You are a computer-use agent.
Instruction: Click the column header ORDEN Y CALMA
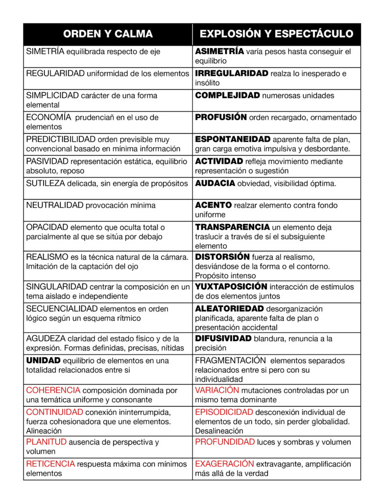pyautogui.click(x=108, y=34)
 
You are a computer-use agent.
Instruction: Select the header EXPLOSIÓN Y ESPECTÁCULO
pyautogui.click(x=277, y=34)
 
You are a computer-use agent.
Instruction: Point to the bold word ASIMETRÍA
pyautogui.click(x=219, y=51)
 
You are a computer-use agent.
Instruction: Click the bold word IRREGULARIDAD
pyautogui.click(x=232, y=74)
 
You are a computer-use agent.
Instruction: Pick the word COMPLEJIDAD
pyautogui.click(x=227, y=96)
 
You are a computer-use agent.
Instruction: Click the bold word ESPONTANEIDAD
pyautogui.click(x=233, y=139)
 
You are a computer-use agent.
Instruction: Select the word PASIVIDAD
pyautogui.click(x=47, y=161)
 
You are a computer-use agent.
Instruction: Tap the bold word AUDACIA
pyautogui.click(x=216, y=183)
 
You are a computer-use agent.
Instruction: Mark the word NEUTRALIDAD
pyautogui.click(x=54, y=205)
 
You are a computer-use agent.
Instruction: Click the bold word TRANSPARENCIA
pyautogui.click(x=233, y=227)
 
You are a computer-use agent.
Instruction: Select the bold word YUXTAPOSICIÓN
pyautogui.click(x=231, y=286)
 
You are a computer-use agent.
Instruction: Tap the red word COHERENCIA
pyautogui.click(x=53, y=390)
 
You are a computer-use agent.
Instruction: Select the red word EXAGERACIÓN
pyautogui.click(x=224, y=464)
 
